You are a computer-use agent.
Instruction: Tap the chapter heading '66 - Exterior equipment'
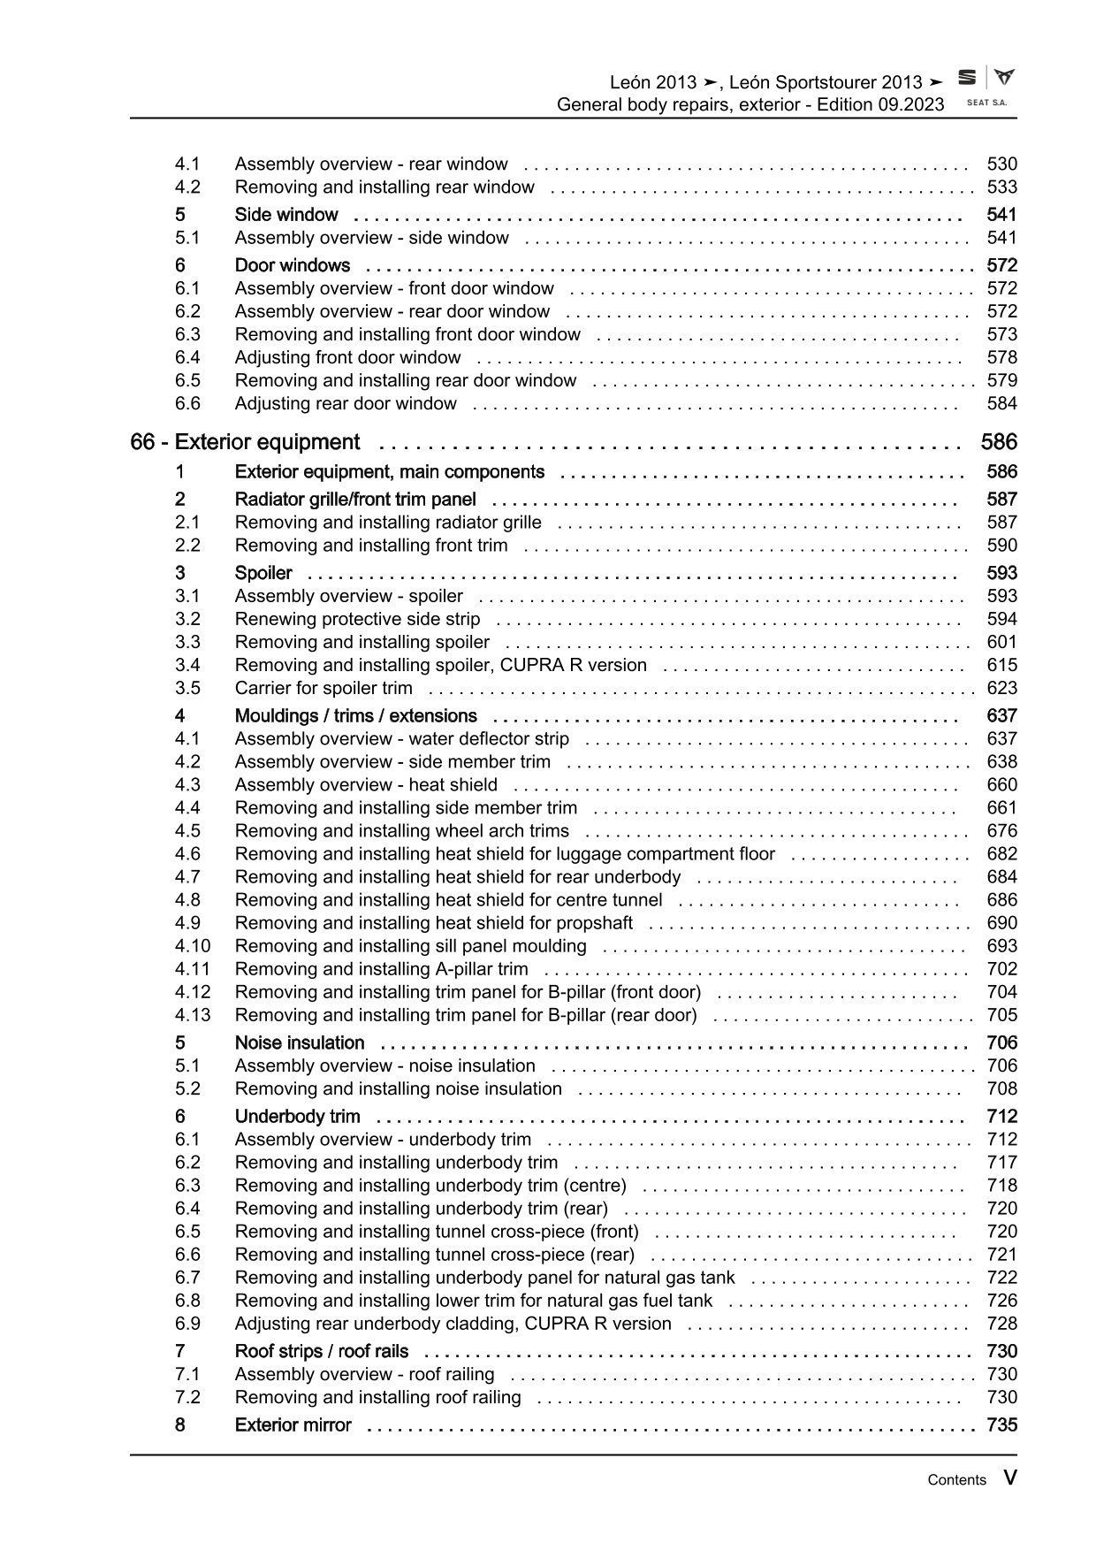[245, 442]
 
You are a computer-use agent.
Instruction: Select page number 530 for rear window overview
[1001, 164]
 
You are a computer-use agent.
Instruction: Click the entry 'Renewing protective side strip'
[357, 619]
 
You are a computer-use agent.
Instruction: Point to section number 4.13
[193, 1015]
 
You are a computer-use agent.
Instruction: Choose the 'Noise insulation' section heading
[300, 1042]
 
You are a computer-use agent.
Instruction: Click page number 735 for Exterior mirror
[1001, 1424]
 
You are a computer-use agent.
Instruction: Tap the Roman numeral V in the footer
[1009, 1478]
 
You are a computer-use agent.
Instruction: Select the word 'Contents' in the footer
[956, 1480]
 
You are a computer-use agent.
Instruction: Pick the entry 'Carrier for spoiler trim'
[323, 688]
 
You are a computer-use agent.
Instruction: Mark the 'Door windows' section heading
[292, 265]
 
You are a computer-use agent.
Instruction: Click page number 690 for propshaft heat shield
[1001, 923]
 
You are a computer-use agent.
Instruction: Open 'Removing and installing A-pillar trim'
[381, 969]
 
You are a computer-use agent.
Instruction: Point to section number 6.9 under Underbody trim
[187, 1324]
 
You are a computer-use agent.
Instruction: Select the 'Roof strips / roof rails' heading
[322, 1351]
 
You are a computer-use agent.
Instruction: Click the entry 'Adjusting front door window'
[347, 357]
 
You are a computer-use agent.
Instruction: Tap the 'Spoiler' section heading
[263, 573]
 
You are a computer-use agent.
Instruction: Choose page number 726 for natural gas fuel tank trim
[1001, 1301]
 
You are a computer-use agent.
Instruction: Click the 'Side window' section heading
[286, 215]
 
